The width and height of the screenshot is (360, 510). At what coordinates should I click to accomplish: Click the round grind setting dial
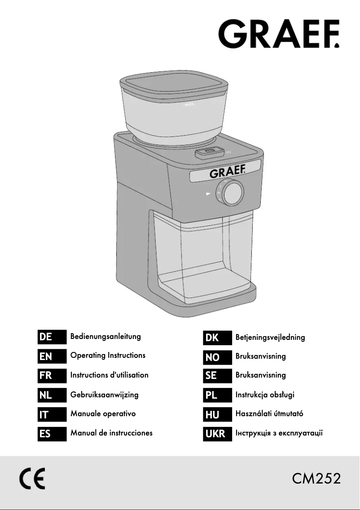pyautogui.click(x=231, y=192)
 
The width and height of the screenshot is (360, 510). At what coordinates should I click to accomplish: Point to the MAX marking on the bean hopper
pyautogui.click(x=189, y=105)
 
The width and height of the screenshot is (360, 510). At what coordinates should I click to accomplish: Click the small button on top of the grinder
pyautogui.click(x=210, y=152)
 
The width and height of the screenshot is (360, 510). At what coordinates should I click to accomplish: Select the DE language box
pyautogui.click(x=52, y=337)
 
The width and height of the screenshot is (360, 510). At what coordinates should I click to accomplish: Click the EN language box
pyautogui.click(x=52, y=356)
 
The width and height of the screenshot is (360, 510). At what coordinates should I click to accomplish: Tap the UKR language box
pyautogui.click(x=218, y=434)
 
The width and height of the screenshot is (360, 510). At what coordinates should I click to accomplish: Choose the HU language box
pyautogui.click(x=218, y=414)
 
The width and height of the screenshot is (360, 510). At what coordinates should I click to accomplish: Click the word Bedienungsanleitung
pyautogui.click(x=105, y=336)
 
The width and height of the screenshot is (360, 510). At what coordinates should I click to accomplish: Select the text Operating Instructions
pyautogui.click(x=108, y=356)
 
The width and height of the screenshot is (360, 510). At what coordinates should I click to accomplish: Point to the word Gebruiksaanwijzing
pyautogui.click(x=105, y=395)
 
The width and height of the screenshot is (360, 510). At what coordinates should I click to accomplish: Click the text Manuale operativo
pyautogui.click(x=103, y=414)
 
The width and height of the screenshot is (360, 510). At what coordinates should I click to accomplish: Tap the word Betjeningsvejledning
pyautogui.click(x=270, y=337)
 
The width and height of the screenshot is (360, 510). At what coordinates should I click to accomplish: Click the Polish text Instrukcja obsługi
pyautogui.click(x=265, y=395)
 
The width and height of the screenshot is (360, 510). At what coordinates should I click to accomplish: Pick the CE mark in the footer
pyautogui.click(x=32, y=478)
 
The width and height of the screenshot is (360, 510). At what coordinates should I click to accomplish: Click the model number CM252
pyautogui.click(x=316, y=479)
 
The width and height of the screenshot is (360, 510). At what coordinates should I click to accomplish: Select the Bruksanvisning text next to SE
pyautogui.click(x=261, y=375)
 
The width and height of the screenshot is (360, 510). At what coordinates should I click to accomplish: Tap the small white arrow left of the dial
pyautogui.click(x=208, y=194)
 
